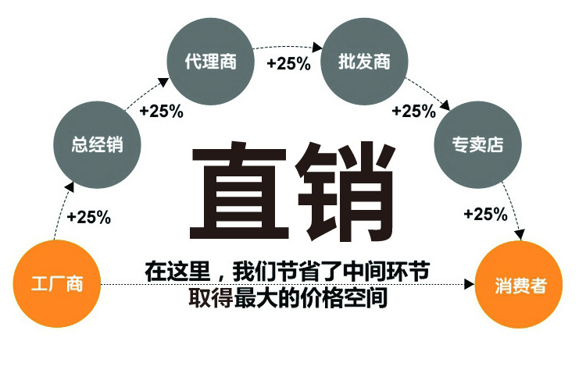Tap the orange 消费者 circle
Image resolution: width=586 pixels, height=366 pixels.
[519, 286]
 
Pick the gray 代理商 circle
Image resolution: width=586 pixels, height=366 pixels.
[210, 61]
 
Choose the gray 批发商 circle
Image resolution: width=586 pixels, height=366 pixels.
[364, 61]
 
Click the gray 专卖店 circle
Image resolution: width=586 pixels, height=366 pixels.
[477, 145]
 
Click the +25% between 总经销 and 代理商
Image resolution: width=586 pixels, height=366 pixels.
[161, 111]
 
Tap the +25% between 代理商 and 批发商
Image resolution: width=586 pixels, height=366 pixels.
[288, 63]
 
